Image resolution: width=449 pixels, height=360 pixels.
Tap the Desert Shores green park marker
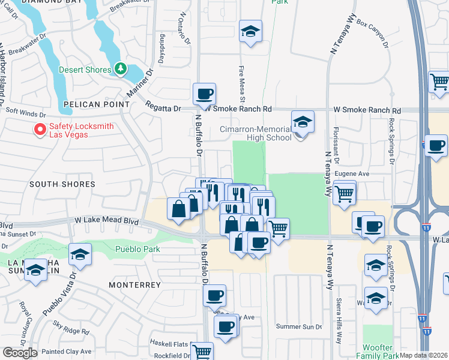coord(121,69)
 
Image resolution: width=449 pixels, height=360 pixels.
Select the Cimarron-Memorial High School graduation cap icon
coord(303,122)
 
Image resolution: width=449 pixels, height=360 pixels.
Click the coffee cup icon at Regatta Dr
coord(205,94)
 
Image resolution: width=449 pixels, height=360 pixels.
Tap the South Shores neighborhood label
coord(62,184)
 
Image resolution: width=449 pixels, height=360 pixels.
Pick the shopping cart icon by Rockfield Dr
coord(202,352)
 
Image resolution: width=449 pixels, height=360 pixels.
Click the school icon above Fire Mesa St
coord(250,31)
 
